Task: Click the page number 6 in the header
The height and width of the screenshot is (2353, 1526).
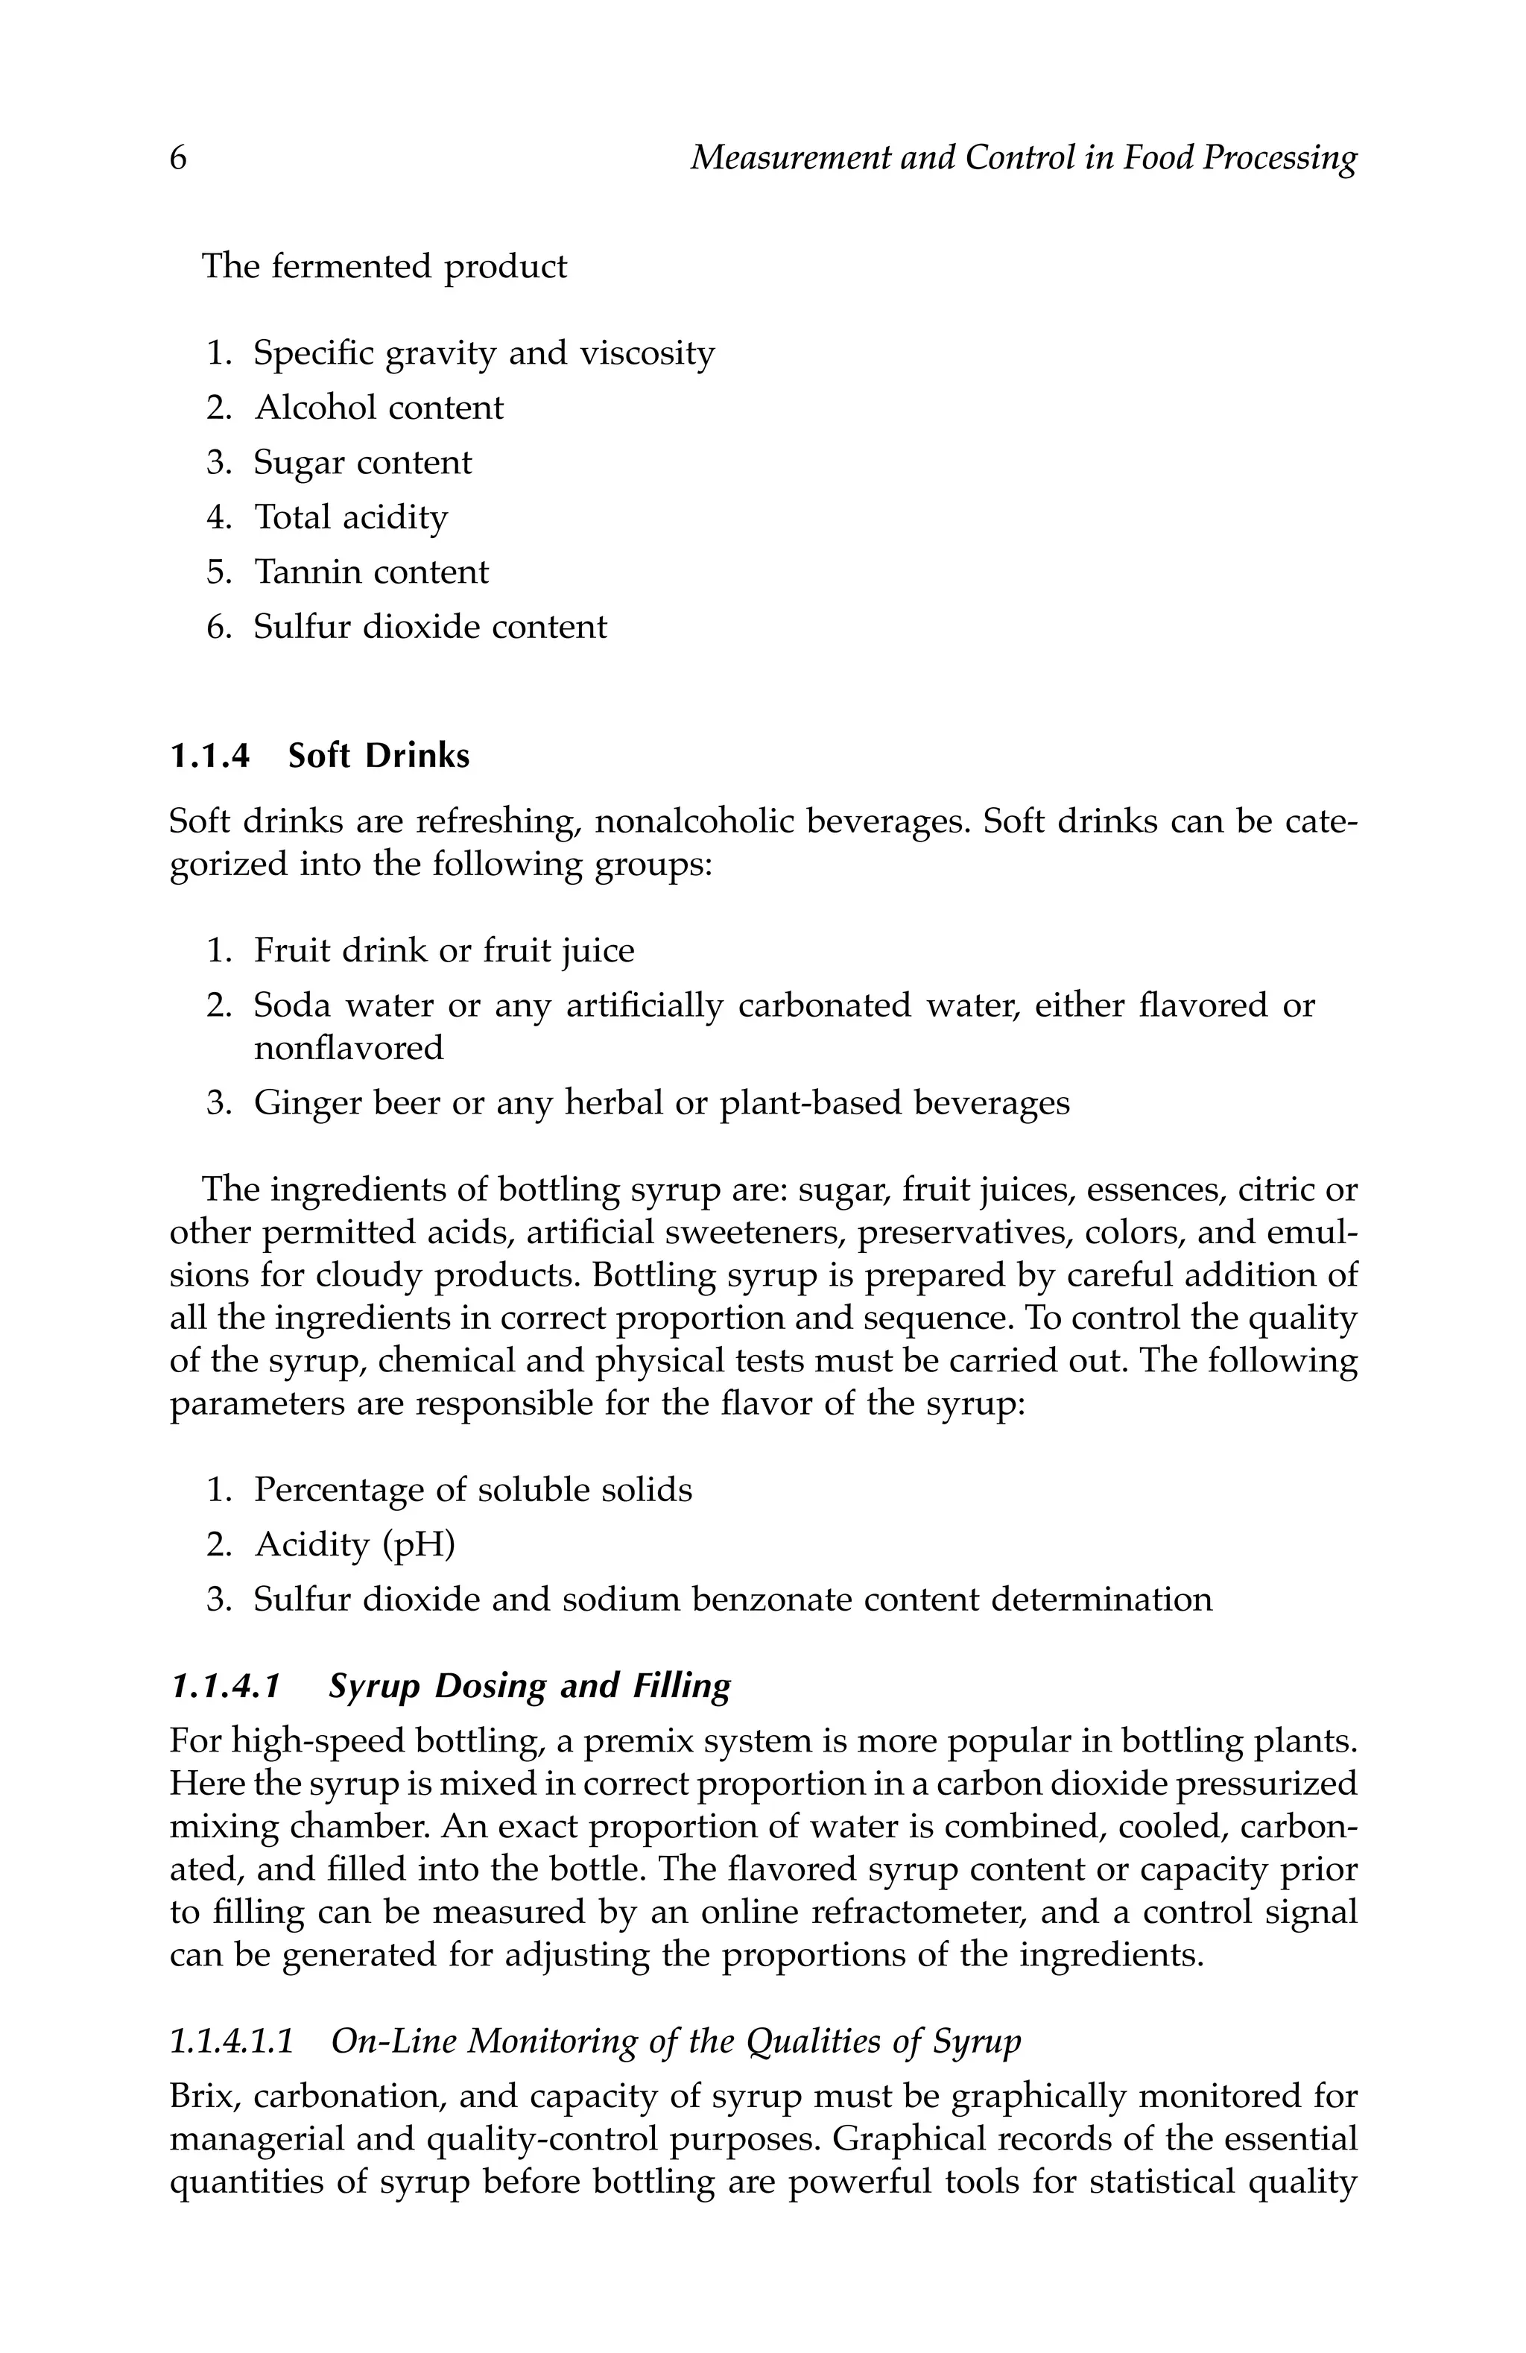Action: click(178, 158)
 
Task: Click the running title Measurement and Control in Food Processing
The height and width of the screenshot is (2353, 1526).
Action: click(1022, 158)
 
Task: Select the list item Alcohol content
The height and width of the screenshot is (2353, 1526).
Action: click(379, 408)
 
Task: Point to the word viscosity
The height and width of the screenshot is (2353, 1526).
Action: click(645, 353)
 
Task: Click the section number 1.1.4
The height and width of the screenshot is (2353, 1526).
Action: click(209, 757)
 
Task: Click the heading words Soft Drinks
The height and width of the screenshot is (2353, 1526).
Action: click(379, 757)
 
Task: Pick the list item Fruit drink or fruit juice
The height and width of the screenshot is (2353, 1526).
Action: click(444, 950)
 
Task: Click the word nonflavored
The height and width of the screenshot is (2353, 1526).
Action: click(348, 1047)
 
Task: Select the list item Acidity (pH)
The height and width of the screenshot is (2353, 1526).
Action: click(354, 1544)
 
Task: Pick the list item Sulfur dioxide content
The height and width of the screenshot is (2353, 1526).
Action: click(430, 627)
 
